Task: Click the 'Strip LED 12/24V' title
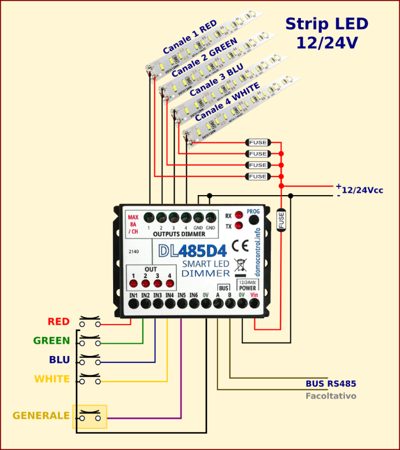(326, 33)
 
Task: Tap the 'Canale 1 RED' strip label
(190, 36)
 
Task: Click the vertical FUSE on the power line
(281, 220)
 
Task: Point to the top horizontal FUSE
(258, 142)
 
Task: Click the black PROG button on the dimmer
(253, 220)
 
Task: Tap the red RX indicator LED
(238, 216)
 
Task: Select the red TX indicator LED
(238, 226)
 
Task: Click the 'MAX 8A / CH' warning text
(133, 224)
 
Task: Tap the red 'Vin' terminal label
(254, 295)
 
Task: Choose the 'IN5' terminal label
(181, 295)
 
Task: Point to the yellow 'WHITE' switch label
(52, 379)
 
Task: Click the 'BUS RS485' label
(330, 384)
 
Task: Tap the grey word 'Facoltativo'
(330, 396)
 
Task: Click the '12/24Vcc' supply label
(362, 190)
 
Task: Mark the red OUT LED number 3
(157, 284)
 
